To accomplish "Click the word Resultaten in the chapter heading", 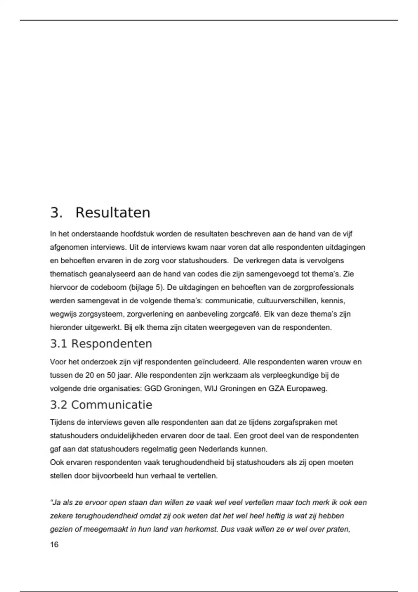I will point(113,212).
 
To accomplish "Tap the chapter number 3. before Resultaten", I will point(56,212).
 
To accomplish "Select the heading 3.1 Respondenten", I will point(101,344).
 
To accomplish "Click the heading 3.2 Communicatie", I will point(101,405).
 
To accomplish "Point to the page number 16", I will point(54,545).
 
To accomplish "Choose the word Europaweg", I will point(307,389).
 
